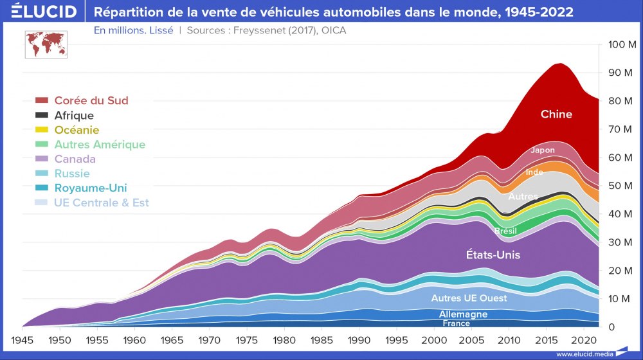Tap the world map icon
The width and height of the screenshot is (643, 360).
tap(44, 44)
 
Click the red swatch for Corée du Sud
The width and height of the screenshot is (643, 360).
tap(42, 101)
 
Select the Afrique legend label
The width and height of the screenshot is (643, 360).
tap(74, 116)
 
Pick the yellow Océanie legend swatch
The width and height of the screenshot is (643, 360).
tap(42, 130)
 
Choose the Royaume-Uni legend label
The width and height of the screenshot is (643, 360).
tap(91, 188)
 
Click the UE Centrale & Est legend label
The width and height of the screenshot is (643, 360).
tap(102, 203)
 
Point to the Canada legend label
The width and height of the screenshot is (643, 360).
tap(75, 159)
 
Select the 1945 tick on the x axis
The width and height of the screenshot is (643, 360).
tap(23, 339)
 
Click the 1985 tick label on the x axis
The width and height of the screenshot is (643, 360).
tap(322, 339)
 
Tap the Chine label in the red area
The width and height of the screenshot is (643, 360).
tap(556, 114)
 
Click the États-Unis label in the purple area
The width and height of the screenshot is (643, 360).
tap(493, 255)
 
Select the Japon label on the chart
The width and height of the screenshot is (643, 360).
tap(542, 150)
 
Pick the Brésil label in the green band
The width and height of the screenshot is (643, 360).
tap(505, 231)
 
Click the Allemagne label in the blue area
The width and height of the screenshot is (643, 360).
tap(463, 314)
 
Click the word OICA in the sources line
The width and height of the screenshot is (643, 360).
tap(333, 30)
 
